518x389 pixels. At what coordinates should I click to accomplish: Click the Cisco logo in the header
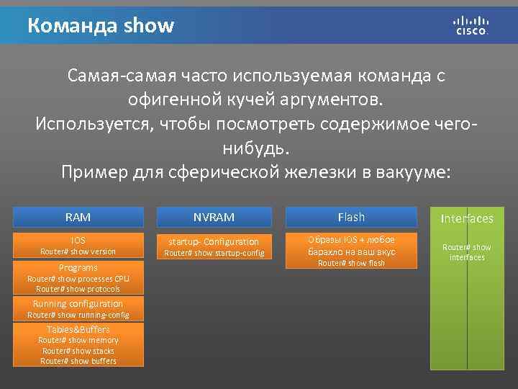point(471,25)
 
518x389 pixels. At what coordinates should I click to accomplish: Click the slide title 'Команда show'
point(101,26)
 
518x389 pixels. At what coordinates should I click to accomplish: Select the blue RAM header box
point(78,217)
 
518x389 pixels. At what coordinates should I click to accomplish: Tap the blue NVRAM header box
point(214,217)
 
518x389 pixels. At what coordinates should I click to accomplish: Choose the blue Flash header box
point(351,217)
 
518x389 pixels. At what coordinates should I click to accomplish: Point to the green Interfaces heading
point(467,218)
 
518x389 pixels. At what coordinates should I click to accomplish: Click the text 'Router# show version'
point(78,251)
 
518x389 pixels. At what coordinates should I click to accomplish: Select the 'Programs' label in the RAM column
point(78,267)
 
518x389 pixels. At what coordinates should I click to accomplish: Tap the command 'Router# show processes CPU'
point(78,278)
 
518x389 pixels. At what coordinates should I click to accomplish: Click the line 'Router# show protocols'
point(78,289)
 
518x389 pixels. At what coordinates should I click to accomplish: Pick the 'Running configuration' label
point(78,304)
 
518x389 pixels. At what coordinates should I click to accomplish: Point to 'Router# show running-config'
point(78,315)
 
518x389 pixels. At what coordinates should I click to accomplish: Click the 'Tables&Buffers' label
point(78,329)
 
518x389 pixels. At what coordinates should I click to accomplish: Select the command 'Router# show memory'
point(78,340)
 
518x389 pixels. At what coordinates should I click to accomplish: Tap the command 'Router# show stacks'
point(78,351)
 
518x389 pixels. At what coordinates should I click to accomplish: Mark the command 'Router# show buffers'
point(78,361)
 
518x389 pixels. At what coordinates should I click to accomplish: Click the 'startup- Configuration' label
point(214,241)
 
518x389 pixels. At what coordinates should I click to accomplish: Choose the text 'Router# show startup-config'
point(214,253)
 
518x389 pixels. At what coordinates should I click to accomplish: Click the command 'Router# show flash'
point(351,263)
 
